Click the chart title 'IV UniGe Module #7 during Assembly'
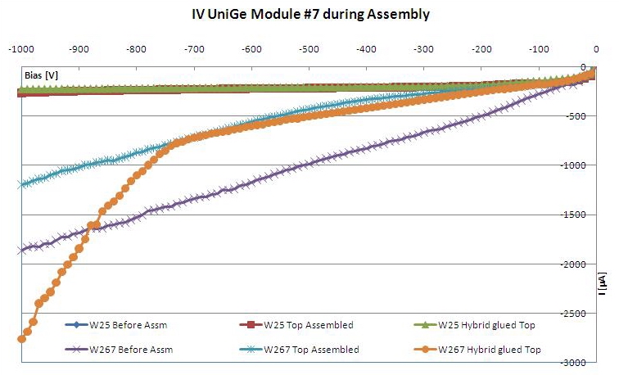point(309,14)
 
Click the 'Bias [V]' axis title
point(41,75)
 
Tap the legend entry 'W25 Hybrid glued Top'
point(497,325)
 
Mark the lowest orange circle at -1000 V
point(21,338)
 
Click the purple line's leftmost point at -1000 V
point(21,250)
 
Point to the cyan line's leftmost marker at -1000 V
point(21,184)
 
